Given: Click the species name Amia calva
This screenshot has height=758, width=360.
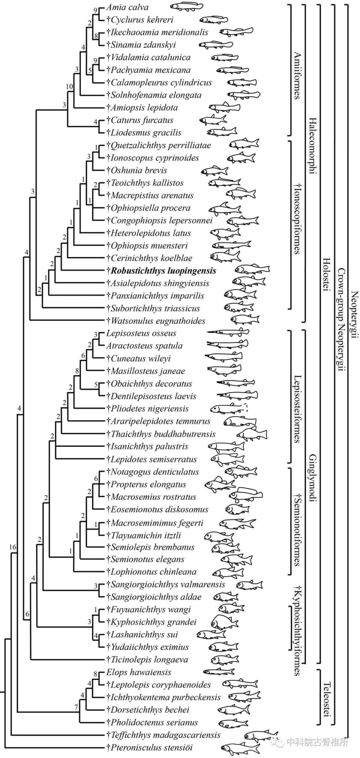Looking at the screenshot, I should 127,7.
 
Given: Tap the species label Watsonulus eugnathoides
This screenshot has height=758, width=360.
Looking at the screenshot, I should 158,321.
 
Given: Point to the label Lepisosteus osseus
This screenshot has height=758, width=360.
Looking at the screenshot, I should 141,333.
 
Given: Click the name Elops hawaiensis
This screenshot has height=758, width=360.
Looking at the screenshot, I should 139,672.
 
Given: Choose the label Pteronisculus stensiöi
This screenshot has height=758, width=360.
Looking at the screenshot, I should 151,748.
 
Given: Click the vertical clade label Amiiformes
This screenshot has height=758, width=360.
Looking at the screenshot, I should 297,75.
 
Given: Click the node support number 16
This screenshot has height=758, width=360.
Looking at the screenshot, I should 13,547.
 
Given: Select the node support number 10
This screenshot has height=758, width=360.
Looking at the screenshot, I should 69,87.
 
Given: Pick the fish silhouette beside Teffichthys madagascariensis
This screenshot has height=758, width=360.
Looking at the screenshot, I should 261,735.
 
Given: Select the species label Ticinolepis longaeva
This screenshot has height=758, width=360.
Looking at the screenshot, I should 149,660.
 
